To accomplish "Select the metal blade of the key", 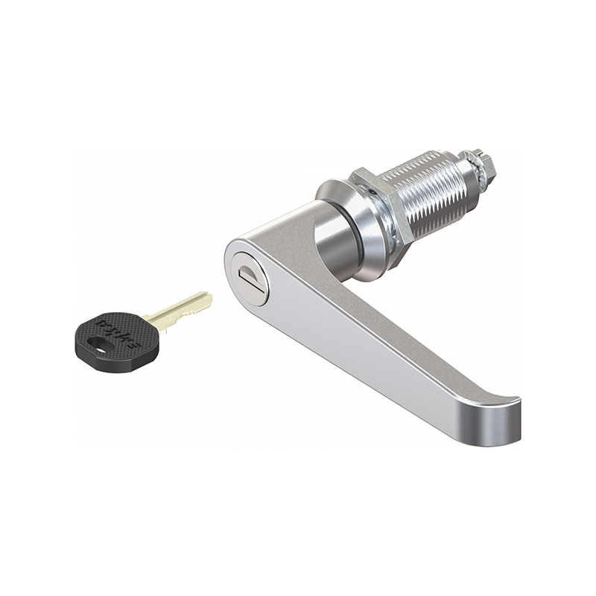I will coord(179,309).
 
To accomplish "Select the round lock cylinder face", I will coord(250,279).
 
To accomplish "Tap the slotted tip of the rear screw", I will coord(492,159).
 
